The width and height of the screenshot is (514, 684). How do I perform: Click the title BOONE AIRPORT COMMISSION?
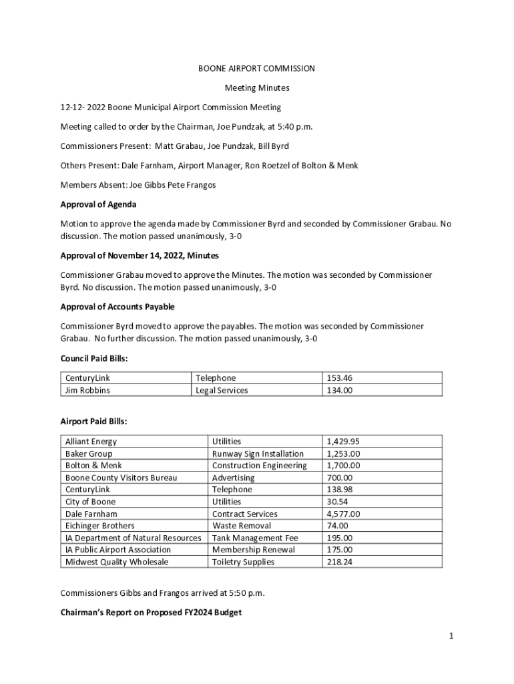click(256, 69)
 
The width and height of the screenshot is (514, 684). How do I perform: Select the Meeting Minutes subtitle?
click(256, 88)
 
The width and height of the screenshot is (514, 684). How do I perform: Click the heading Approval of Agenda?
click(98, 204)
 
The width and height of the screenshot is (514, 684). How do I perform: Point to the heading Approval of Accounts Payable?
click(117, 307)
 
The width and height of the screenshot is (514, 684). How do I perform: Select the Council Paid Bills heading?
click(94, 359)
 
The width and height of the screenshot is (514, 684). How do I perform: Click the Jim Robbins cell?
click(87, 390)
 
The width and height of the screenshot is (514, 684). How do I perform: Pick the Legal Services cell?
click(222, 390)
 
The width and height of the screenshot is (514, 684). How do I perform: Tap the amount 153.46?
click(339, 378)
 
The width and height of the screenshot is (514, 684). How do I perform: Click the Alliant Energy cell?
click(91, 442)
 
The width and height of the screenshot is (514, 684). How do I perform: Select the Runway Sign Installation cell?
click(258, 454)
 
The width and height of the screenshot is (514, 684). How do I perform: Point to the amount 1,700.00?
click(343, 466)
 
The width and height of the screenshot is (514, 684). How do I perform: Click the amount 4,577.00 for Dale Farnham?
click(343, 514)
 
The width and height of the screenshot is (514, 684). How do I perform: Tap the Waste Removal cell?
click(241, 526)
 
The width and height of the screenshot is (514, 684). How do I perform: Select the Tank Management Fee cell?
click(255, 538)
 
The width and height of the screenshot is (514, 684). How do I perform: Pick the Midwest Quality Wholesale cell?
click(117, 562)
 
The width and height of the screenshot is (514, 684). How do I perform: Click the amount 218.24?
click(339, 562)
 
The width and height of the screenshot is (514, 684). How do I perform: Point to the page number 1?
click(451, 636)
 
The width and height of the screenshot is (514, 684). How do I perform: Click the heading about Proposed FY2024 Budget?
click(151, 611)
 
